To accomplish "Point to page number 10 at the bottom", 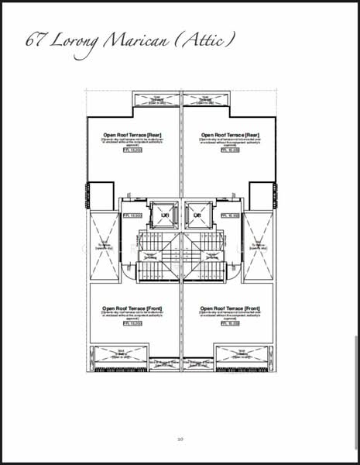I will [x=180, y=439].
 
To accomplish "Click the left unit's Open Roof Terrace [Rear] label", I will [x=132, y=133].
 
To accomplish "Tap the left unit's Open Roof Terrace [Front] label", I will [x=132, y=308].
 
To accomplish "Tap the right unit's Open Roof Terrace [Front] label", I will [x=229, y=308].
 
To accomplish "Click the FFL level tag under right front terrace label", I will [x=229, y=324].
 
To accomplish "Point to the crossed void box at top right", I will [x=206, y=99].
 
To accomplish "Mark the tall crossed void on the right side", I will [x=259, y=246].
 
